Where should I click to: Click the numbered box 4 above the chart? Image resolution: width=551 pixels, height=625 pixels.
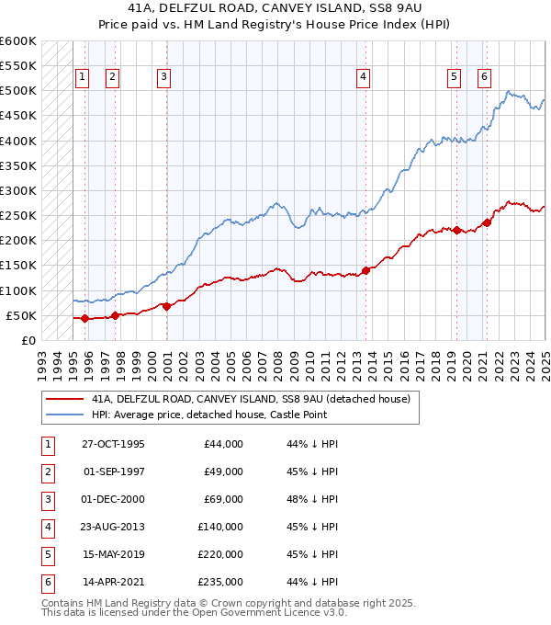(x=364, y=77)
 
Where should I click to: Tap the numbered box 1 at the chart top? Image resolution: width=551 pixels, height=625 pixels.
(x=83, y=77)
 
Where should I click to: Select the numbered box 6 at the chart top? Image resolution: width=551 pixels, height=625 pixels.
(x=483, y=77)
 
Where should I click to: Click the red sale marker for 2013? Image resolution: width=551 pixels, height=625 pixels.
(x=365, y=270)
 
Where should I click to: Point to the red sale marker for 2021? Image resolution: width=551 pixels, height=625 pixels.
(x=487, y=222)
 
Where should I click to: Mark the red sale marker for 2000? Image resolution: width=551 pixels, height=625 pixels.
(x=166, y=306)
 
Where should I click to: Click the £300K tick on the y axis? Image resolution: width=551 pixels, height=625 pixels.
(x=18, y=191)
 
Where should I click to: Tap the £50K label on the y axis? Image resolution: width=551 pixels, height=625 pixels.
(x=21, y=316)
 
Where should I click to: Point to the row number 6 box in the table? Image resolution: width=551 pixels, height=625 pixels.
(x=46, y=582)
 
